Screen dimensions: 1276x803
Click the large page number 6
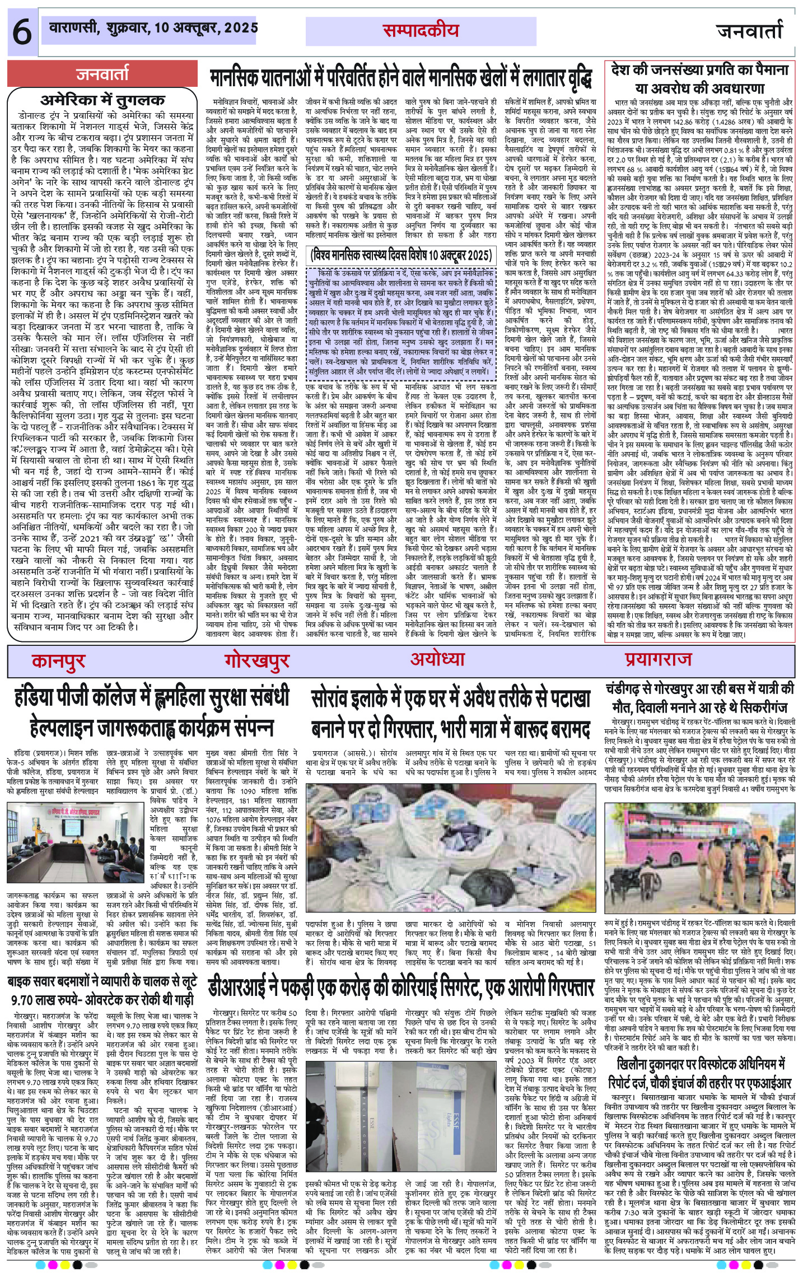click(21, 32)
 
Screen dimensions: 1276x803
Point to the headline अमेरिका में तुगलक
click(103, 101)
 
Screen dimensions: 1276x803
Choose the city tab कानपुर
click(58, 661)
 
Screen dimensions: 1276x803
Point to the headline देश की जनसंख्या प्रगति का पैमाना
click(700, 79)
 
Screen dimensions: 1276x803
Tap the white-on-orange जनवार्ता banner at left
click(103, 73)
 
